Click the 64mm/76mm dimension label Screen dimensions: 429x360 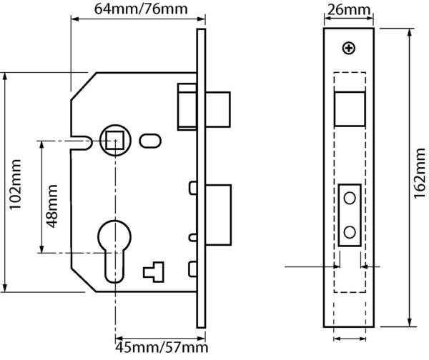(x=141, y=9)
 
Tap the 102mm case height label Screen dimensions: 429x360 (x=15, y=184)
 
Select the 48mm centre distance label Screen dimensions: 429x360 (x=51, y=206)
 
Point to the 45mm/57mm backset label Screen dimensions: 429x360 (x=162, y=347)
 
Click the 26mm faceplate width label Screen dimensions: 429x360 (x=348, y=10)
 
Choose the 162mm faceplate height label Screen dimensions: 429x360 (x=420, y=174)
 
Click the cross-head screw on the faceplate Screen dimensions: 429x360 (x=349, y=49)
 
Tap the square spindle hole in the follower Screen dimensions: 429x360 (x=115, y=140)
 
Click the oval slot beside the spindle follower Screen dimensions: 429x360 (x=150, y=141)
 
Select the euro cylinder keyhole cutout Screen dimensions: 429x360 (x=114, y=251)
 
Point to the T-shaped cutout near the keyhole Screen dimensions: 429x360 (x=154, y=271)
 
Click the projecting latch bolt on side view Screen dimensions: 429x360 (x=218, y=109)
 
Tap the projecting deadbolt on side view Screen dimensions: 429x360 (x=218, y=215)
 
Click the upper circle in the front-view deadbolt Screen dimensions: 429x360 (x=350, y=198)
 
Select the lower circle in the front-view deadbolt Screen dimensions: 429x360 (x=350, y=232)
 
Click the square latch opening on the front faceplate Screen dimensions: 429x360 (x=350, y=109)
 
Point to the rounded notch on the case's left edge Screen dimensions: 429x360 (x=81, y=143)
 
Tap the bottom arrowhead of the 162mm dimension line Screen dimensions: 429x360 (x=410, y=322)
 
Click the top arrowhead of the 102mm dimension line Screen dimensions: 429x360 (x=5, y=78)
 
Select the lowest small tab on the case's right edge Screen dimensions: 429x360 (x=193, y=269)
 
